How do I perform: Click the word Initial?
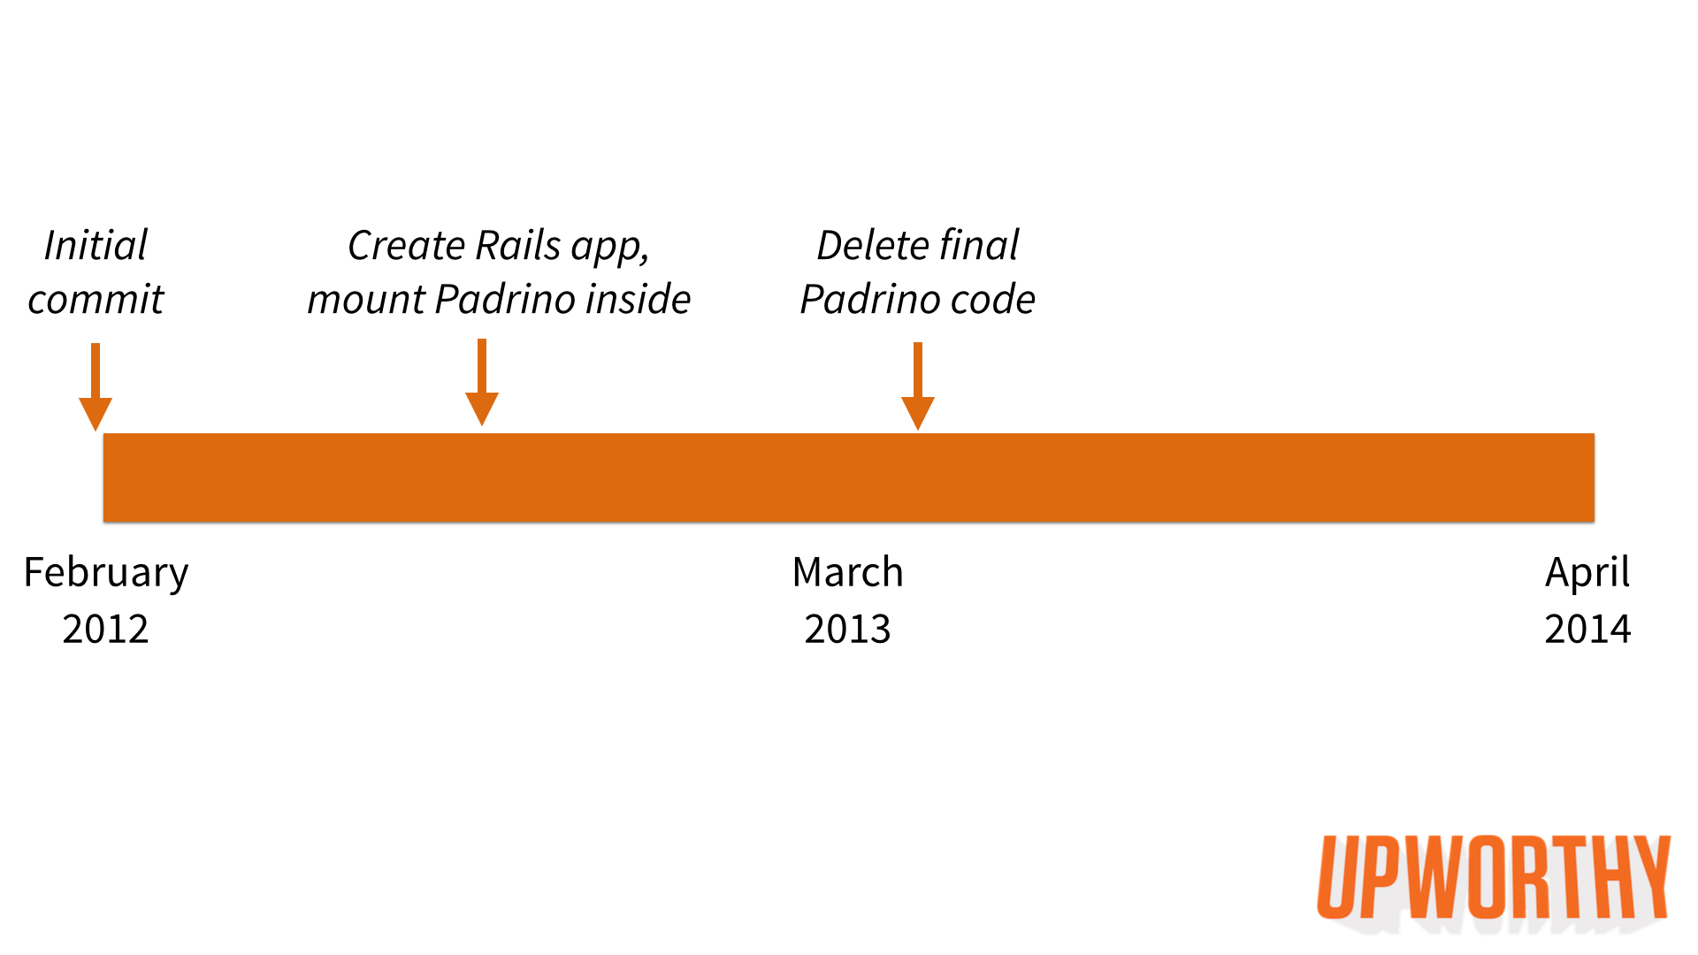[96, 245]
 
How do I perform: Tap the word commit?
[96, 300]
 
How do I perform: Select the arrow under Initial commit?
[96, 386]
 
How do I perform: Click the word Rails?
[517, 245]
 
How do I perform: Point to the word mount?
[366, 300]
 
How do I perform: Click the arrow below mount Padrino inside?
[482, 382]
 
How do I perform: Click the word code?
[992, 299]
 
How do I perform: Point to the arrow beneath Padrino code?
[918, 386]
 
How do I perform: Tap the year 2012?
[106, 630]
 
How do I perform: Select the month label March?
[848, 572]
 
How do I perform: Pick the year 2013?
[848, 630]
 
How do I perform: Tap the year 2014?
[1587, 630]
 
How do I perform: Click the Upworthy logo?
[1494, 881]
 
